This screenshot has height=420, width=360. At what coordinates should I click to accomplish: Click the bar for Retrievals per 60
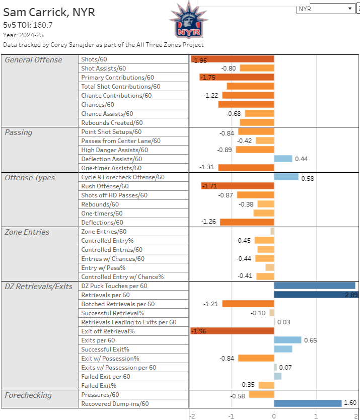316,295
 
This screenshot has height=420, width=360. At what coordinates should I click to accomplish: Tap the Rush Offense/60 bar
238,186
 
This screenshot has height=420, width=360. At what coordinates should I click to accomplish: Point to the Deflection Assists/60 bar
283,159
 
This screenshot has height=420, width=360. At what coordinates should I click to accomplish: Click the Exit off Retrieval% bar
233,331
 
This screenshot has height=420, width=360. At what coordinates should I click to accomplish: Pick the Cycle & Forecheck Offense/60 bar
286,177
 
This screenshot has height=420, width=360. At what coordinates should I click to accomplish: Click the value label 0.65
311,340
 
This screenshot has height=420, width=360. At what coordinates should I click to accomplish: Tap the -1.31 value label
207,168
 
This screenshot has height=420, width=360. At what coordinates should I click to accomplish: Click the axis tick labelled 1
316,416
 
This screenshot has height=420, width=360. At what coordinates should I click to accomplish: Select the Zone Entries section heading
27,232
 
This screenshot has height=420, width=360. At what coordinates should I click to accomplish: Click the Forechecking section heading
28,395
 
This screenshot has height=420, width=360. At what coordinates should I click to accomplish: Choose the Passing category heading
18,132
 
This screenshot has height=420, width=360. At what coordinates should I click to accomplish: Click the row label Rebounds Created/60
112,123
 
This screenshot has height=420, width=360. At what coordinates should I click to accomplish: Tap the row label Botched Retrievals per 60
118,304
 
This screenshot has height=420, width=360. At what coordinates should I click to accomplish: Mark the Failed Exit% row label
99,386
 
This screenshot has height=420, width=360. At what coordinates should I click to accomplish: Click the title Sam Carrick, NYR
49,12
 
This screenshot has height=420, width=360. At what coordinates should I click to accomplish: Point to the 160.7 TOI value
43,24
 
